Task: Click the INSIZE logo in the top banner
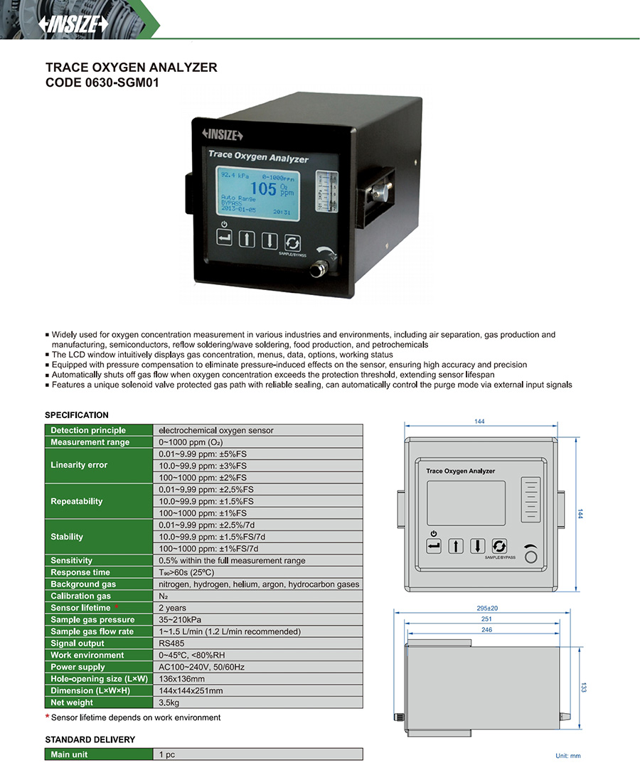point(74,23)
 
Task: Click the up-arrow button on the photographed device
point(247,239)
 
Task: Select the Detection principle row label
point(88,430)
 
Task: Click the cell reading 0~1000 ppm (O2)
point(191,442)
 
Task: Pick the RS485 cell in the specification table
point(171,643)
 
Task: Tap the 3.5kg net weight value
point(169,702)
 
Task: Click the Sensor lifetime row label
point(80,608)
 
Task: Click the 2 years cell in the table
point(172,608)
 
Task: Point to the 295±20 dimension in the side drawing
point(487,608)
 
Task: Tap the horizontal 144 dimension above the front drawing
point(479,422)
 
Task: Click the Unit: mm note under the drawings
point(568,756)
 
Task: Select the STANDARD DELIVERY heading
point(90,739)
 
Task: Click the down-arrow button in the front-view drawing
point(477,546)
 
